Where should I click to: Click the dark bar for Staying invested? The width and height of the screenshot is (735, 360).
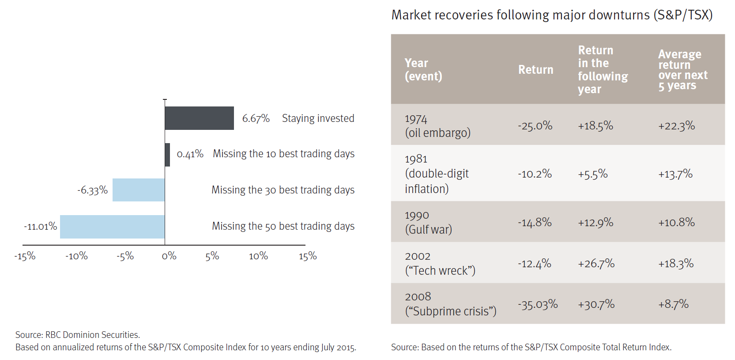coord(199,118)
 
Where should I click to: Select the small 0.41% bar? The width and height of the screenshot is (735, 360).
coord(167,155)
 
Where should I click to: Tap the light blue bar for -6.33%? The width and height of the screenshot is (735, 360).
coord(139,190)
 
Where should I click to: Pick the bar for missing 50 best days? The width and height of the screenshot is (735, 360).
coord(112,227)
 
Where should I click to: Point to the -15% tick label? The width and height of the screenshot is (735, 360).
coord(25,256)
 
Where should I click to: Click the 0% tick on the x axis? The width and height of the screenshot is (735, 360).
coord(169,256)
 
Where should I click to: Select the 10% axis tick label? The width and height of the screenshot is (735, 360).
coord(258,256)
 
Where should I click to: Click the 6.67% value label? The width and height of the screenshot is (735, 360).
coord(256,118)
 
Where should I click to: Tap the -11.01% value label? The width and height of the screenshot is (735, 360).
coord(41,227)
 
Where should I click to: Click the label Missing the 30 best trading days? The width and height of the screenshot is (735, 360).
coord(283,190)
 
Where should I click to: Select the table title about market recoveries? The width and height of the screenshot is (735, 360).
coord(552,15)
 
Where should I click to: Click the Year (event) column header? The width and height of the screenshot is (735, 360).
coord(423,70)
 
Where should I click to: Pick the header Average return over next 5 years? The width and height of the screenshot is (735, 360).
coord(682,70)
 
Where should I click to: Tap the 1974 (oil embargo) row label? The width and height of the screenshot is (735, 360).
coord(437,126)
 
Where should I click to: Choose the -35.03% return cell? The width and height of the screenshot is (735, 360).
coord(538,305)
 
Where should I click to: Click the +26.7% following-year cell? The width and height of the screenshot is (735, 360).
coord(596,264)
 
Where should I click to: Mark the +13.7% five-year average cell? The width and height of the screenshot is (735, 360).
coord(675,174)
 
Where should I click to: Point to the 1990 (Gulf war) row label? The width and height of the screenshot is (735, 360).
coord(428,222)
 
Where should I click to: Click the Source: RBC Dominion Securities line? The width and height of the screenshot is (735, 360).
coord(78,335)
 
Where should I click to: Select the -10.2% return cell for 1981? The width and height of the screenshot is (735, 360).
coord(535,174)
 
